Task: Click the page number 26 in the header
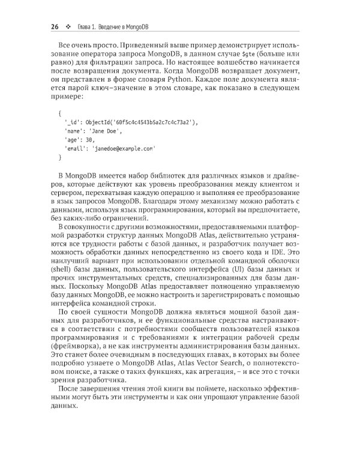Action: pos(54,26)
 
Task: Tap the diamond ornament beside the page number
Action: pos(69,26)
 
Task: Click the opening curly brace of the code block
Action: pos(59,113)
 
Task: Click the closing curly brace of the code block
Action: pos(59,157)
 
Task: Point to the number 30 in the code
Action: pos(90,139)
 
